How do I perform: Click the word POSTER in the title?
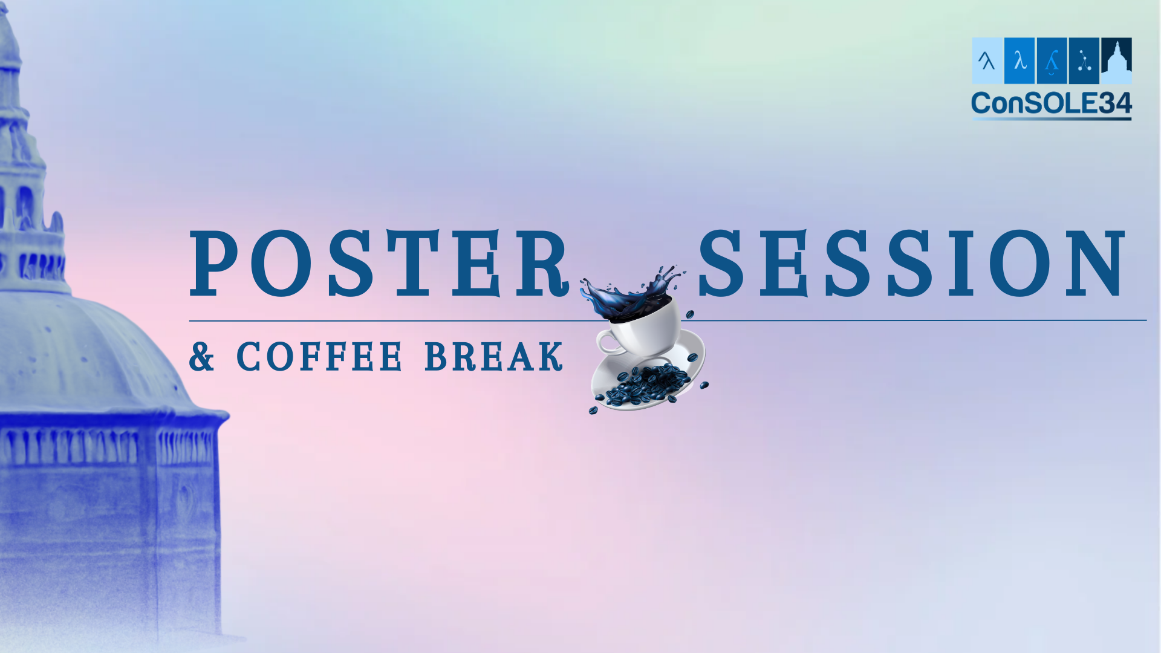pos(380,264)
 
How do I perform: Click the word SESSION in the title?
pos(912,264)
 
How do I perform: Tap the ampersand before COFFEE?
pos(202,356)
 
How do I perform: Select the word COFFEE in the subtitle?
pos(319,356)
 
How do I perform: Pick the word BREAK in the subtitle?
pos(494,356)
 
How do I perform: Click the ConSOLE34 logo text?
pos(1052,103)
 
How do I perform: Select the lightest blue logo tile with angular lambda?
pos(987,60)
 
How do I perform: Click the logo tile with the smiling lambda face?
pos(1052,60)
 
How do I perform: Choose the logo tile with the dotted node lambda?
pos(1084,60)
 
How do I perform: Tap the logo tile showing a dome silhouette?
pos(1116,60)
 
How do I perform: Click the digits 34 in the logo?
pos(1115,103)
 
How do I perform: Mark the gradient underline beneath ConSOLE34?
pos(1052,119)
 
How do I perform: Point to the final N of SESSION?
pos(1096,264)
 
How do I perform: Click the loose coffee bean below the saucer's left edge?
pos(593,410)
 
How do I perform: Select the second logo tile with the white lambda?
pos(1020,60)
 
